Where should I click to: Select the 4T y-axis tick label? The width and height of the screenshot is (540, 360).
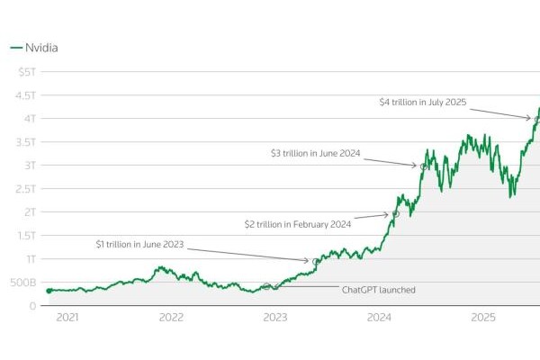point(30,119)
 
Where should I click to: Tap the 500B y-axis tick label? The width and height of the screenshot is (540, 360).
point(25,283)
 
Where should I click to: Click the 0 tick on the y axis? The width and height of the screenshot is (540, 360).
point(33,306)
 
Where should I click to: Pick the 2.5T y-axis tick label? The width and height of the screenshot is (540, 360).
point(26,189)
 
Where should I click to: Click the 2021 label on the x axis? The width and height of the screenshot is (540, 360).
point(67,318)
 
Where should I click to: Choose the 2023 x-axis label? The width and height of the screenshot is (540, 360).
point(275,318)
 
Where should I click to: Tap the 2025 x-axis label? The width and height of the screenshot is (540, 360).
point(484,318)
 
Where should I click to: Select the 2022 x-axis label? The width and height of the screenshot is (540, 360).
point(171,318)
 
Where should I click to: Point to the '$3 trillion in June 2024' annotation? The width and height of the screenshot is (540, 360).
point(315,154)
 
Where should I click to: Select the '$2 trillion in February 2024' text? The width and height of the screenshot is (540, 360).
point(298,224)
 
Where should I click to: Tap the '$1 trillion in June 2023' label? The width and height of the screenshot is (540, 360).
point(141,244)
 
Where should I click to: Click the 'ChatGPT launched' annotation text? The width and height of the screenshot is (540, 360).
point(379,290)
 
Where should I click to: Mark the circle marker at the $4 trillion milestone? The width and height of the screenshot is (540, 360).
point(537,120)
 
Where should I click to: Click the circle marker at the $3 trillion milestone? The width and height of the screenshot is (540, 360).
point(423,166)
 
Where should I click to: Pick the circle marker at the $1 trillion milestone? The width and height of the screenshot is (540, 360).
point(316,261)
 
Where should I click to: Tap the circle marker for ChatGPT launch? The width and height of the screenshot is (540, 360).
point(266,286)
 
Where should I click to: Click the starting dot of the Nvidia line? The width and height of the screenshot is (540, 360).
point(49,291)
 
